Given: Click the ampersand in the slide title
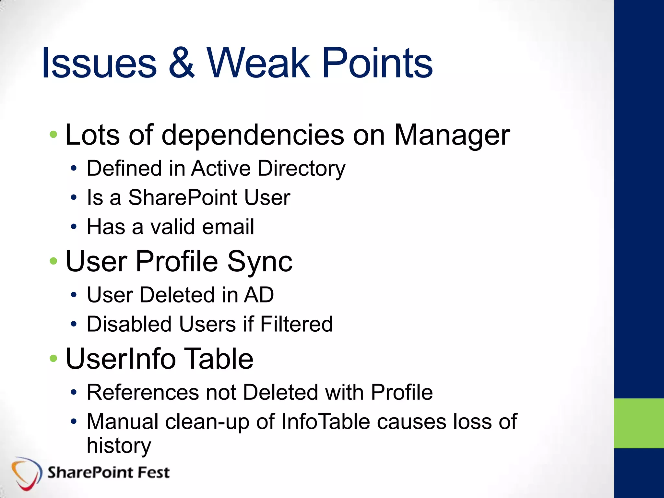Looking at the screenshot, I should coord(182,63).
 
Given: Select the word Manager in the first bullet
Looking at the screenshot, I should coord(452,135).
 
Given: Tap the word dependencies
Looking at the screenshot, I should coord(253,135).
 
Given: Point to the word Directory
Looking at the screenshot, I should coord(302,169).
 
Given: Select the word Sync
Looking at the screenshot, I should coord(260,262).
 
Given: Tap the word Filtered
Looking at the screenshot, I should coord(296,324).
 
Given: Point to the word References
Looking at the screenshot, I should coord(142,392).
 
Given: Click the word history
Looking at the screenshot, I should coord(119,446).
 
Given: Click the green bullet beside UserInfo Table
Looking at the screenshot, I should coord(53,358).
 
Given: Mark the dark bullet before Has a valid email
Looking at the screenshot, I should coord(74,227).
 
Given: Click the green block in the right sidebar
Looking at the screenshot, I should coord(639,423).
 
